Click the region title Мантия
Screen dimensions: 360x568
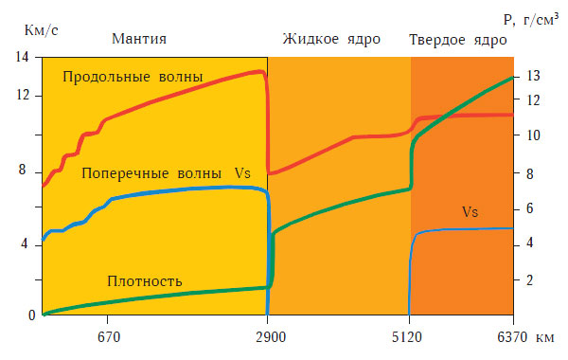(x=139, y=39)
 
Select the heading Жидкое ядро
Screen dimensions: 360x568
(x=331, y=39)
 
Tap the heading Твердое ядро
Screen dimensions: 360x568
(x=458, y=40)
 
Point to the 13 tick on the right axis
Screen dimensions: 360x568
(x=532, y=77)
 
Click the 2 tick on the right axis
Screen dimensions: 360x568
(x=530, y=279)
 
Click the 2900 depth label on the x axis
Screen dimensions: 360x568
(x=268, y=334)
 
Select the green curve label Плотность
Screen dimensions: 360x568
(x=145, y=280)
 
